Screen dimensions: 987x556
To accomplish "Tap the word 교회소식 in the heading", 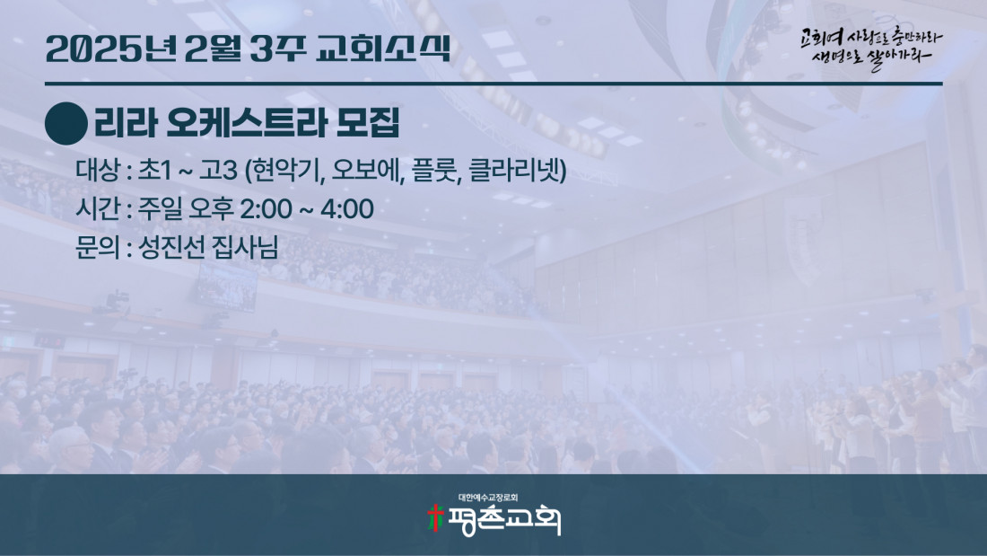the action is point(383,49).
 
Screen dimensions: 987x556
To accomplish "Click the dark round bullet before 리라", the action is point(66,124).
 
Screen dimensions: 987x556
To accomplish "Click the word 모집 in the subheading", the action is point(368,123).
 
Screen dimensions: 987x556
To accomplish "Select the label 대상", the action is point(98,170).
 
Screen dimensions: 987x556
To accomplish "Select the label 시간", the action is point(98,208).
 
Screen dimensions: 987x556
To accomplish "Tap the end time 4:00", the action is point(347,209).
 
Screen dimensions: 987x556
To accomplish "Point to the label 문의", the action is point(98,247).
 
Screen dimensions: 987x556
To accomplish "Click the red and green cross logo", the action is point(435,519).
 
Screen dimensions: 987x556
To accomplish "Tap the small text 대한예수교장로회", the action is point(488,498).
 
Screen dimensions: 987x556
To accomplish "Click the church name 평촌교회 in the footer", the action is point(503,520).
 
